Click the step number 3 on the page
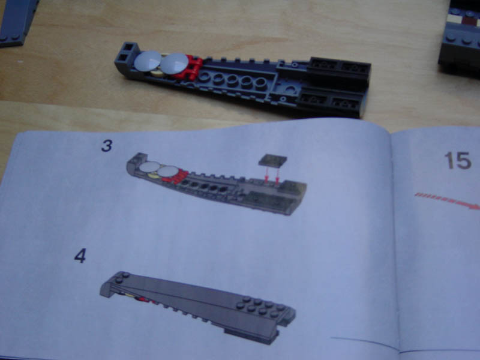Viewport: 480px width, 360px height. (107, 146)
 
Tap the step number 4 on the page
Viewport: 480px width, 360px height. (80, 256)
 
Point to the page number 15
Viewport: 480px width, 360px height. (458, 160)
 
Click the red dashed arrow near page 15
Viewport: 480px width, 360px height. (447, 201)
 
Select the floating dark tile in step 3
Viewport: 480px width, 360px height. (272, 160)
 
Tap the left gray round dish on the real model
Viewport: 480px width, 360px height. (148, 61)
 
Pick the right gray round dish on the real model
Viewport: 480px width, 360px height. (174, 64)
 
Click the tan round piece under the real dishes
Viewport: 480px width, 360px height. (156, 73)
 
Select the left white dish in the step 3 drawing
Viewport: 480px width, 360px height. (149, 167)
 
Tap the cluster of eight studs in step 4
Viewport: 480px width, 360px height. (260, 306)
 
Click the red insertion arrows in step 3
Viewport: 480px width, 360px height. (272, 175)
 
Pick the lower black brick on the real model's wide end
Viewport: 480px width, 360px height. (331, 103)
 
